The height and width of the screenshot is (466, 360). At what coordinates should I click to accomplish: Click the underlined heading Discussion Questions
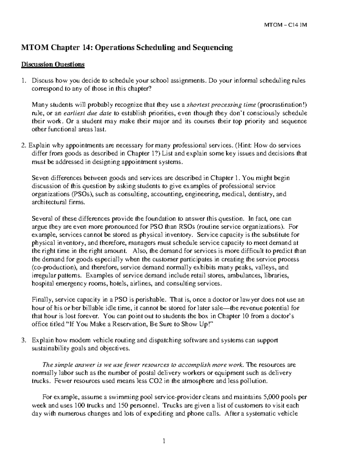52,65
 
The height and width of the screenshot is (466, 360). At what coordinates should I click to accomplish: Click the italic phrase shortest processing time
221,105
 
